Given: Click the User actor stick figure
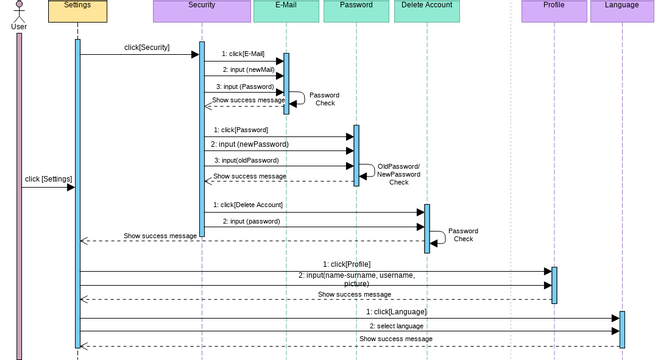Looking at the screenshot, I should [18, 12].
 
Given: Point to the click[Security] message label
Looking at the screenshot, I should [146, 47].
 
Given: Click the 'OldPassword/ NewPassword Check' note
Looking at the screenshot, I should [398, 174].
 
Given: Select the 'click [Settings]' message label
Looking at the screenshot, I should [48, 179].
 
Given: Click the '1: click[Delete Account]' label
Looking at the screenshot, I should [246, 205].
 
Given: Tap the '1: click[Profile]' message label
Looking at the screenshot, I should [346, 264].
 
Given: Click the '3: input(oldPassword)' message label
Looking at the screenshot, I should [246, 160].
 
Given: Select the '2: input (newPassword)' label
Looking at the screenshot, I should [249, 144].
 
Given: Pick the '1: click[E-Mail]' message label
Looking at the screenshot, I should [243, 54].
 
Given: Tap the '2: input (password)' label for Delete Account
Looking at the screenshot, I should [251, 221].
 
